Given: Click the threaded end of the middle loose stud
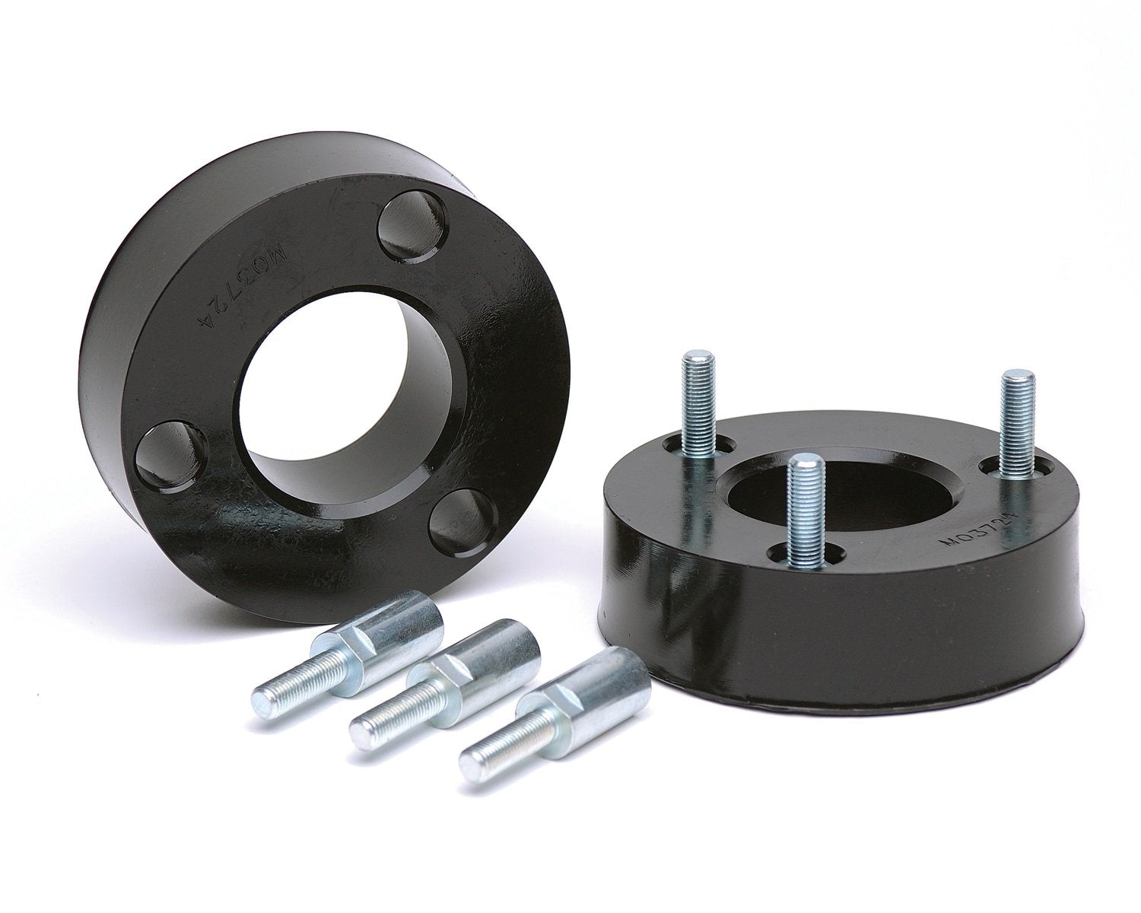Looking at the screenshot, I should (388, 719).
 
